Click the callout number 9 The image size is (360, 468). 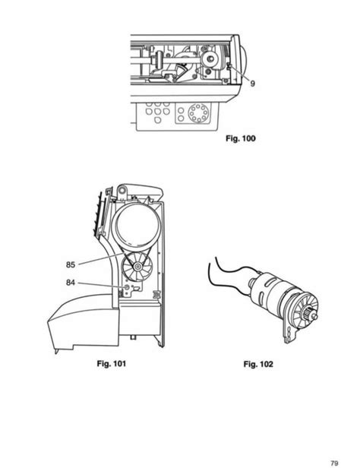point(252,84)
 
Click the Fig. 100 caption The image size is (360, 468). point(241,138)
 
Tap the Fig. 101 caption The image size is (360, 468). point(111,363)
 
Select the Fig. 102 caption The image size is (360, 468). point(258,364)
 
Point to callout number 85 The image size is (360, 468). point(71,264)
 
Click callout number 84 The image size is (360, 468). point(71,283)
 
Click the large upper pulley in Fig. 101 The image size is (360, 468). point(135,224)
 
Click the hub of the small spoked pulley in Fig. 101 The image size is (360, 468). point(137,267)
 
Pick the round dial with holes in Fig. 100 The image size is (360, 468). point(197,112)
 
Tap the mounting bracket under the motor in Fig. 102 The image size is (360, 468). point(288,331)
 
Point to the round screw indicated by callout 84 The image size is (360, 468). point(126,287)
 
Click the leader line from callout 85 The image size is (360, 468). point(100,258)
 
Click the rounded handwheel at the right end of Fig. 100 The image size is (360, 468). point(244,62)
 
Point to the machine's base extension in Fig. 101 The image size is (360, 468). point(84,323)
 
